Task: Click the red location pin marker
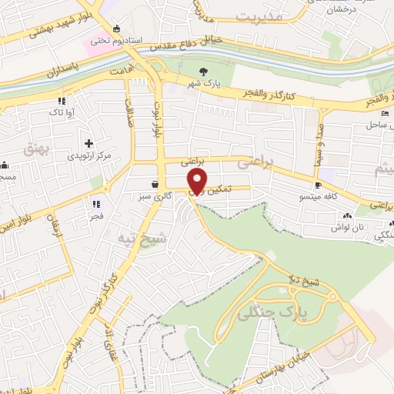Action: pyautogui.click(x=198, y=182)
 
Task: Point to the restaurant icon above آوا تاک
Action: pyautogui.click(x=62, y=101)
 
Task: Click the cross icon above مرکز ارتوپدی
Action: pyautogui.click(x=89, y=143)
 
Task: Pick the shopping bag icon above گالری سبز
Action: pyautogui.click(x=156, y=185)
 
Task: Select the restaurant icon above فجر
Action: pyautogui.click(x=96, y=204)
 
